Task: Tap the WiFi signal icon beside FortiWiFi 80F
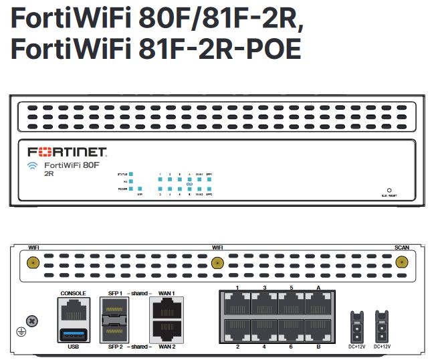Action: click(32, 166)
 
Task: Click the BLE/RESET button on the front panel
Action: click(389, 190)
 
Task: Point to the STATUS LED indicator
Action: click(132, 174)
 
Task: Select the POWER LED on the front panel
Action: click(132, 189)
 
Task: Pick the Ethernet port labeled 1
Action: click(237, 305)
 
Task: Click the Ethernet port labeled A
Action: click(317, 305)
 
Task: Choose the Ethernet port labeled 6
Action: click(291, 331)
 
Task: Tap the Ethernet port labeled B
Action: click(317, 331)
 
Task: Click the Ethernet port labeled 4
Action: click(264, 331)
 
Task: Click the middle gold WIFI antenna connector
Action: click(217, 262)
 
